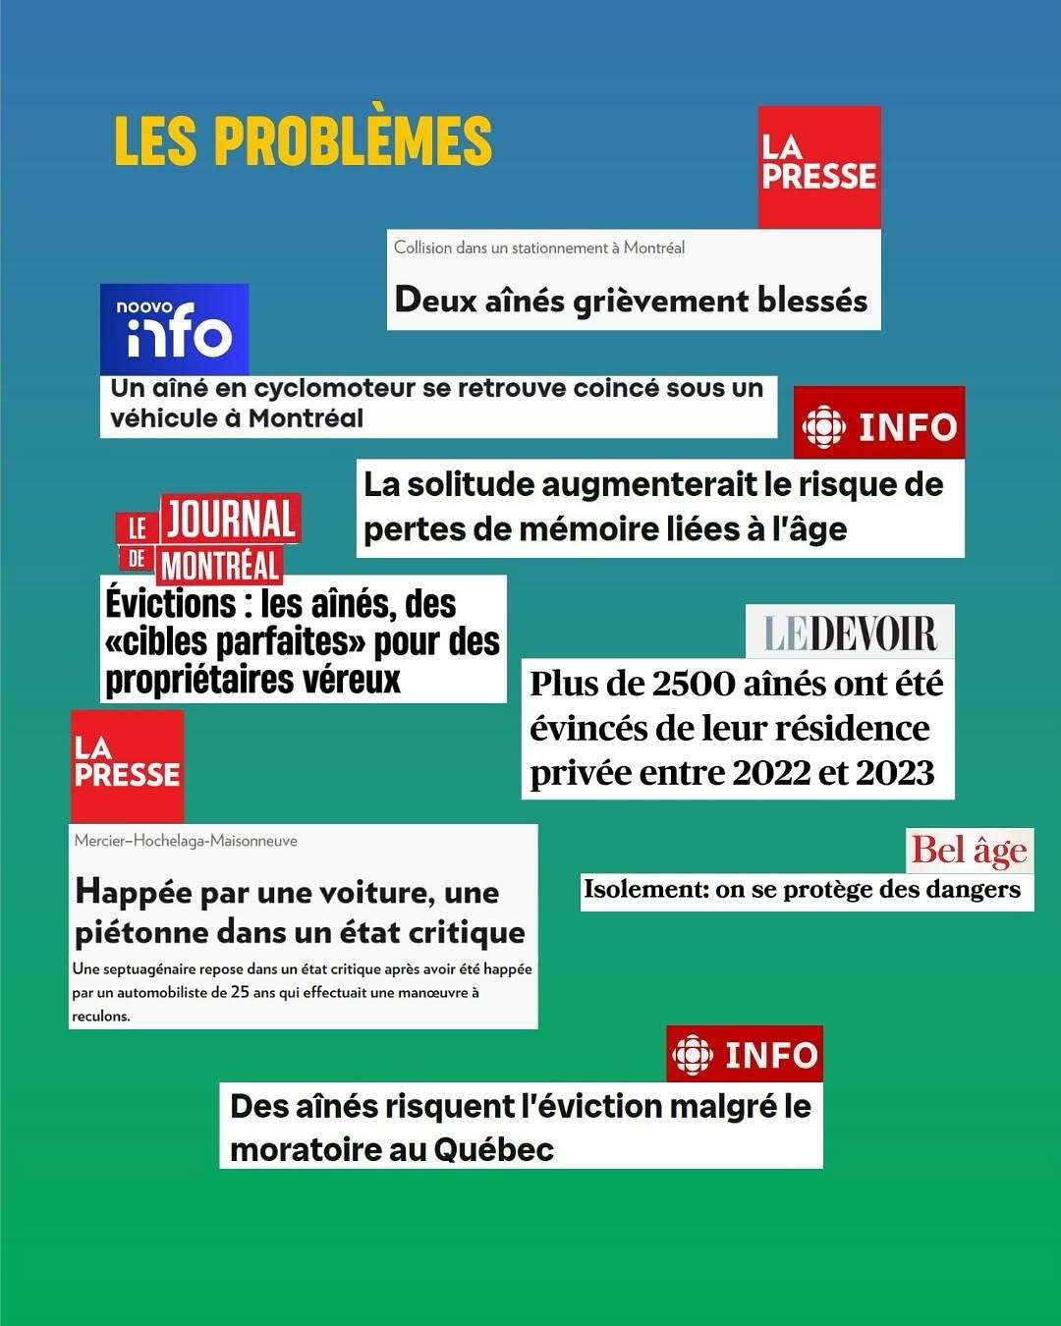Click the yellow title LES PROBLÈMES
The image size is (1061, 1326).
(303, 140)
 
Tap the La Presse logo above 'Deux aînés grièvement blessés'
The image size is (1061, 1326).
(819, 167)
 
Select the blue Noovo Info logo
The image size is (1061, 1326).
(175, 329)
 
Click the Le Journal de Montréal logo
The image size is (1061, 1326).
(208, 538)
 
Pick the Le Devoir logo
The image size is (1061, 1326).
(850, 633)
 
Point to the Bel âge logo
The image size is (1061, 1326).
(969, 851)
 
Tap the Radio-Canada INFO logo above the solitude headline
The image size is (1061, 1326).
(879, 424)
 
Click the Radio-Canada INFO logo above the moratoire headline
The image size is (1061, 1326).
(745, 1055)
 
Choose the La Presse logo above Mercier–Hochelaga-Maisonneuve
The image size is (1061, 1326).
(127, 766)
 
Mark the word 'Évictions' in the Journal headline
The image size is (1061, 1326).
(171, 603)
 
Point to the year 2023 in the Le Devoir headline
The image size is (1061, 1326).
(894, 773)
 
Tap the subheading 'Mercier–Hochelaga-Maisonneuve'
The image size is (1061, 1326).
(186, 841)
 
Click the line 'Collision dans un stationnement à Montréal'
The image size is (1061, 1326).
(539, 248)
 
